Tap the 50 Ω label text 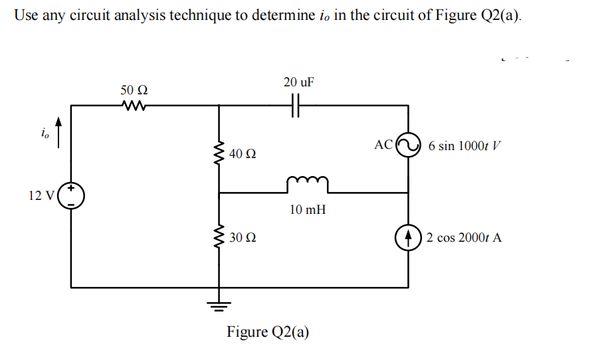pos(134,89)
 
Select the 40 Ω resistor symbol pos(219,154)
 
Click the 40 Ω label pos(243,154)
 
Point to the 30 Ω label pos(243,237)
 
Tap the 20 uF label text pos(298,82)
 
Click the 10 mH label pos(308,210)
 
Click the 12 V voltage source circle pos(71,196)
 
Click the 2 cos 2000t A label pos(464,237)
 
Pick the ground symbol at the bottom pos(219,306)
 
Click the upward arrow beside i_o pos(59,133)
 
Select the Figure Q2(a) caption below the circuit pos(268,331)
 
